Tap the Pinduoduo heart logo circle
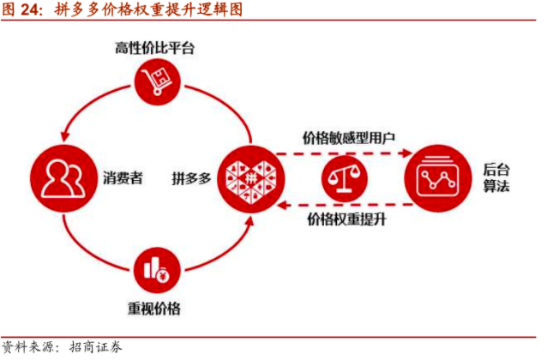coord(249,178)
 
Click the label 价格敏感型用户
coord(348,136)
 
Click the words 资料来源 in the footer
coord(30,347)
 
